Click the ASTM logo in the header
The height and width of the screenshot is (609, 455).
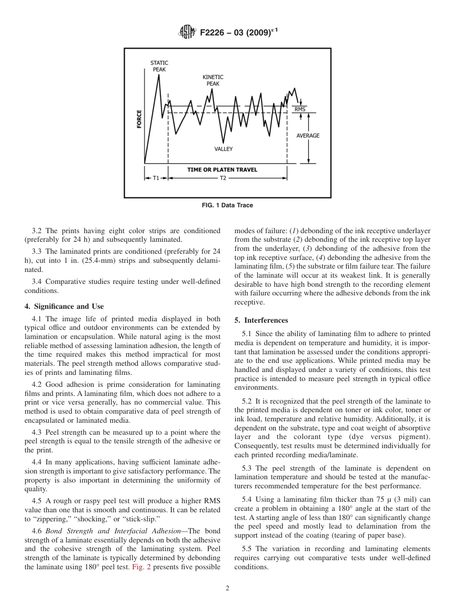pos(186,33)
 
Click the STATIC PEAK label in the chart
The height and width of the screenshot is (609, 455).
pos(159,66)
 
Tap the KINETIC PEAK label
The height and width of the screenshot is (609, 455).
pos(213,80)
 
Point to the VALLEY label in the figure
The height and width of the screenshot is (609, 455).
pos(223,149)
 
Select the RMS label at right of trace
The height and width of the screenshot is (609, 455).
pos(300,110)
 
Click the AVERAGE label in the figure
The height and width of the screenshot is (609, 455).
pos(307,136)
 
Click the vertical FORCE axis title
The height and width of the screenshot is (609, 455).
pos(139,119)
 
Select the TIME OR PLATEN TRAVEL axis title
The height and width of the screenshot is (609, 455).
pos(222,169)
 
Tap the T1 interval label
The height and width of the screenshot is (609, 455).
pos(156,178)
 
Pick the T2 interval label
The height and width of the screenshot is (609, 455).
pos(223,178)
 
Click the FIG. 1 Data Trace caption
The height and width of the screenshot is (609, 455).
pos(227,205)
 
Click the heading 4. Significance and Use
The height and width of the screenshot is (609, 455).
pos(64,306)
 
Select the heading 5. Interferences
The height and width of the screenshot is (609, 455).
pos(261,320)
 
